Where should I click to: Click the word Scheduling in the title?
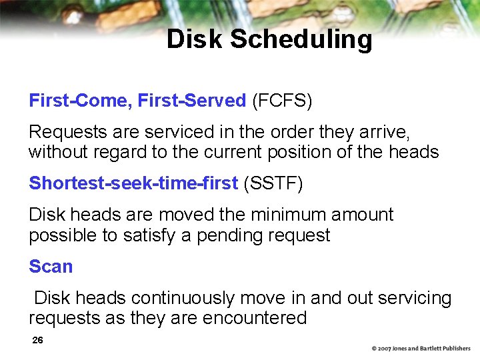pos(301,39)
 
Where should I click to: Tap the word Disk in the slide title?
pos(195,39)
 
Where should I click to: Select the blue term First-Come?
pos(79,101)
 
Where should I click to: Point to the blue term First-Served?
pos(192,101)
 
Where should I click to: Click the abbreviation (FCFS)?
pos(282,101)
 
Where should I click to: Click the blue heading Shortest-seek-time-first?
pos(133,183)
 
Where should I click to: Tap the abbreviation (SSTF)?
pos(273,183)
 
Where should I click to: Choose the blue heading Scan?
pos(51,267)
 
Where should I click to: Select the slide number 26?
pos(38,341)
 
